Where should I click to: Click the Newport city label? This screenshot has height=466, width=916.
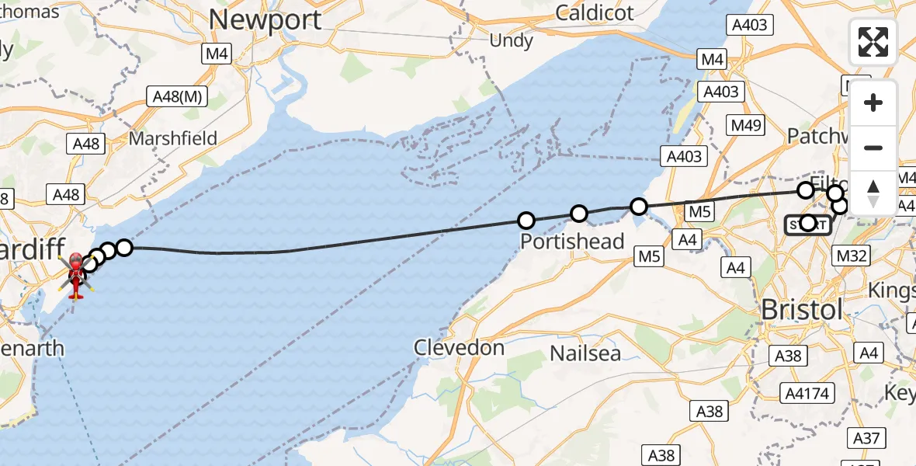click(265, 20)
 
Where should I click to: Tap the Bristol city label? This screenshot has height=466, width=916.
click(801, 309)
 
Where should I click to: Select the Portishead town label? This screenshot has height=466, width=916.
click(572, 242)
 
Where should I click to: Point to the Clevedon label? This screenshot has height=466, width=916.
click(459, 347)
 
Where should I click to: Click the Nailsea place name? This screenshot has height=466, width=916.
click(585, 353)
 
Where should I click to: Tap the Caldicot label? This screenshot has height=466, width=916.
click(595, 12)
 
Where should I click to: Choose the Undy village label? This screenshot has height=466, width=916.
click(511, 40)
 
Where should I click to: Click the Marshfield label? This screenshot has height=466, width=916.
click(173, 139)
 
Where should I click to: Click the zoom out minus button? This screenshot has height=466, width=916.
click(873, 148)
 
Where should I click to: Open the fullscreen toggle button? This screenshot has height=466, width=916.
click(873, 42)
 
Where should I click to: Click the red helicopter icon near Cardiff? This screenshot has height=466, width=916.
click(76, 275)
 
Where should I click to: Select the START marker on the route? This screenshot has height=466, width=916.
click(808, 224)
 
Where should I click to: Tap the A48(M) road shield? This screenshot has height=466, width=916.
click(178, 96)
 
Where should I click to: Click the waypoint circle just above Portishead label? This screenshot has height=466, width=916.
click(527, 221)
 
